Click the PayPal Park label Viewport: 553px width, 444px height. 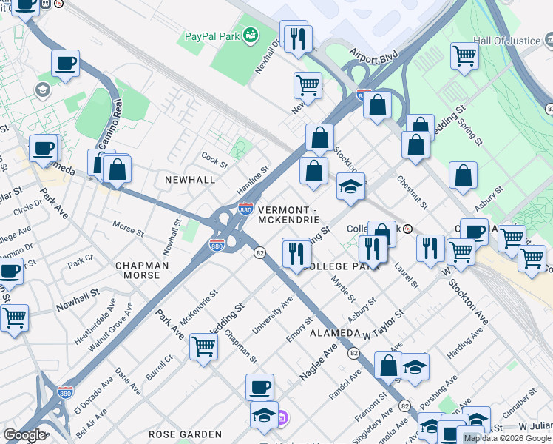(212, 36)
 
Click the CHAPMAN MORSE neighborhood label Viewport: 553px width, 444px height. (141, 270)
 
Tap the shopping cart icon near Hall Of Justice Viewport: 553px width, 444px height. (464, 55)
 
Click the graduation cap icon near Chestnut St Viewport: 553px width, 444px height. (350, 186)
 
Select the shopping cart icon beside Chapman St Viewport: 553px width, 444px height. (203, 346)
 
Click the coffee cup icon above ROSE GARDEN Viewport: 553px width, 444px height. (259, 387)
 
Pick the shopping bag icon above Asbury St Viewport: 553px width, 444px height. (463, 176)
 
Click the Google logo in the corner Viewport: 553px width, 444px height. (24, 435)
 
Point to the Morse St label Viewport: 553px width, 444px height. (128, 226)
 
